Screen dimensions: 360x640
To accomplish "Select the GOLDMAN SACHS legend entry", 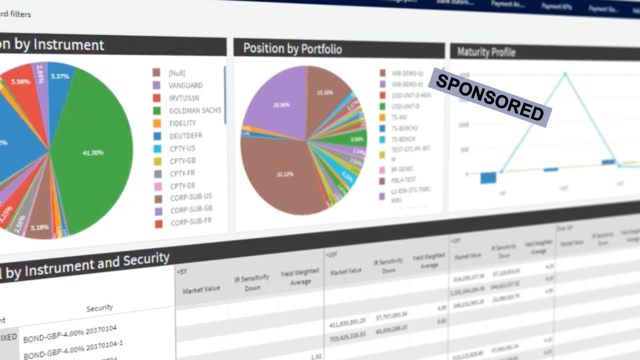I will (195, 110).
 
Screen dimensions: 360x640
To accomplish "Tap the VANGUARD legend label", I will (185, 85).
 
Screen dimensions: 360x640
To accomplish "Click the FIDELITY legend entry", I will (182, 123).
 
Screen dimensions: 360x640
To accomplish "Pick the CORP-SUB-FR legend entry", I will (191, 222).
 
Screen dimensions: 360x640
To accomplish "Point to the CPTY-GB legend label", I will (182, 161).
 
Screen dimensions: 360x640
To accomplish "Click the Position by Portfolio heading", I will (292, 49).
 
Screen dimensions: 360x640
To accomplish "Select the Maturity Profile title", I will (486, 52).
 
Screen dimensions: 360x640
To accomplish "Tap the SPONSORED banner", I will (490, 97).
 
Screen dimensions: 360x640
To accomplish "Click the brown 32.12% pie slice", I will (285, 174).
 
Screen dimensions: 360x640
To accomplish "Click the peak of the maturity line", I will (565, 74).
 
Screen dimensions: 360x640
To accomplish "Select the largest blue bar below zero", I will (488, 178).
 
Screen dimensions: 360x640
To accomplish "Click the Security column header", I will (100, 308).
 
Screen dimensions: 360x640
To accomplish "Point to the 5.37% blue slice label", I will (60, 76).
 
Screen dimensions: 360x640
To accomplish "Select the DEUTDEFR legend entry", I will (186, 136).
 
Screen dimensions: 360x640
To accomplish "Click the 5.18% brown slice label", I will (40, 227).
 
